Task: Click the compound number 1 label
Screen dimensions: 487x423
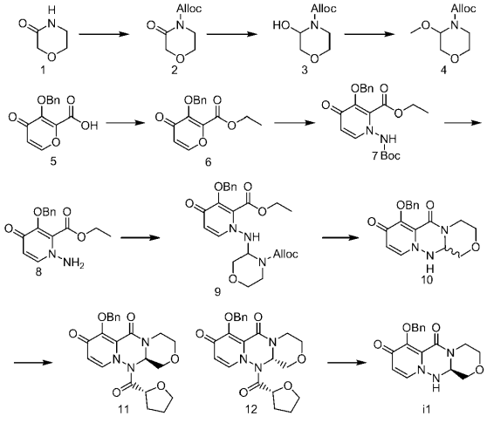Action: tap(43, 71)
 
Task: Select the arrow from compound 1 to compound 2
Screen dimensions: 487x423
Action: tap(104, 33)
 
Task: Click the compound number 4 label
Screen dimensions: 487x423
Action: tap(444, 71)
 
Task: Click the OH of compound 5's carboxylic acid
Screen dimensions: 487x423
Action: tap(91, 126)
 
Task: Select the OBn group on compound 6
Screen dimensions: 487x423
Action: tap(195, 100)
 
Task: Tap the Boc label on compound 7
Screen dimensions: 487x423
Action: tap(390, 155)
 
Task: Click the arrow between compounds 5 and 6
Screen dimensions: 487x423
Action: tap(126, 123)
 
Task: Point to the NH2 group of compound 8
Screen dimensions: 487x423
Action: tap(73, 264)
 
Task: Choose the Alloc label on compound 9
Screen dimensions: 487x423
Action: tap(285, 254)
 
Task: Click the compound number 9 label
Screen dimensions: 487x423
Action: tap(217, 291)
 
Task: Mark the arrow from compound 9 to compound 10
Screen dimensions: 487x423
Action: tap(341, 238)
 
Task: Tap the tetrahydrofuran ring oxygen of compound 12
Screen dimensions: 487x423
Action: tap(288, 386)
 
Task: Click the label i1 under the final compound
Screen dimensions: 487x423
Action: tap(427, 410)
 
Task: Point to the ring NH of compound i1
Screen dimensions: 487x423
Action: tap(436, 383)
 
